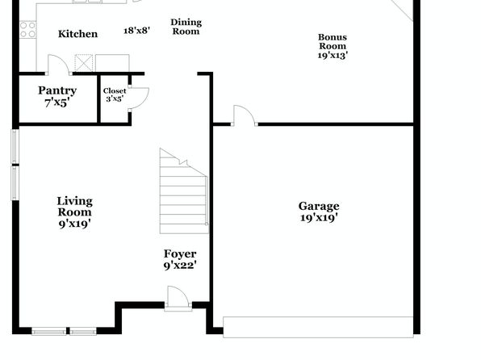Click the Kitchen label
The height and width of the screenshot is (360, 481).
78,34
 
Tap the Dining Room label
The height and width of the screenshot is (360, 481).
186,27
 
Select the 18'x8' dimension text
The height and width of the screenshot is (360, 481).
137,31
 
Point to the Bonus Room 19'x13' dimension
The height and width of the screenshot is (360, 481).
333,55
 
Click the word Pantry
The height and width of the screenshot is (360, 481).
57,91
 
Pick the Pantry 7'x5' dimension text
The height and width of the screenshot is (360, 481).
57,103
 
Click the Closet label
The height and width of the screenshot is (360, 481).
115,91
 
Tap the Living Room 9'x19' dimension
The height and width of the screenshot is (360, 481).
74,224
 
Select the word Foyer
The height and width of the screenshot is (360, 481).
180,253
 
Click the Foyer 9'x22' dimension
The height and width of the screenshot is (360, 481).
180,266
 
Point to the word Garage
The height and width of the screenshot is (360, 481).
319,207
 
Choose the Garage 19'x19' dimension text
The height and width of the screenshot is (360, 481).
319,218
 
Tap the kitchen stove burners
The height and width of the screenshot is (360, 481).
27,30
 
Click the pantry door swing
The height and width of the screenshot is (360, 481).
58,65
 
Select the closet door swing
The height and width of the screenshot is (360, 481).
139,98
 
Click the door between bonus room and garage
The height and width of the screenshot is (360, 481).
245,115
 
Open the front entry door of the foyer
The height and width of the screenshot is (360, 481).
178,298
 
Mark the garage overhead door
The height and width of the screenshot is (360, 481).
318,327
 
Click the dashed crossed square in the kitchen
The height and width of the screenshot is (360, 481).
84,63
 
